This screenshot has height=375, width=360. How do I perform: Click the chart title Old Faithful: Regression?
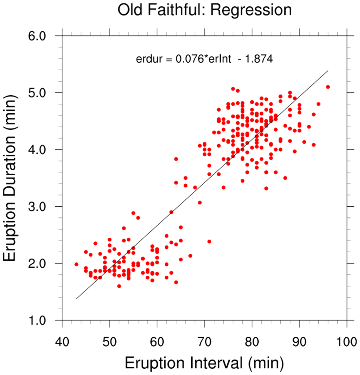[x=205, y=10]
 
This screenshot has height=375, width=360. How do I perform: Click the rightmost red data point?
[x=328, y=87]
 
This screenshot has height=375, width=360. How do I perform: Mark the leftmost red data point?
[x=76, y=264]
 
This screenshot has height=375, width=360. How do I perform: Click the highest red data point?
[x=233, y=89]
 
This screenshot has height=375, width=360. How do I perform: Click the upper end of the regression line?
[x=328, y=70]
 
